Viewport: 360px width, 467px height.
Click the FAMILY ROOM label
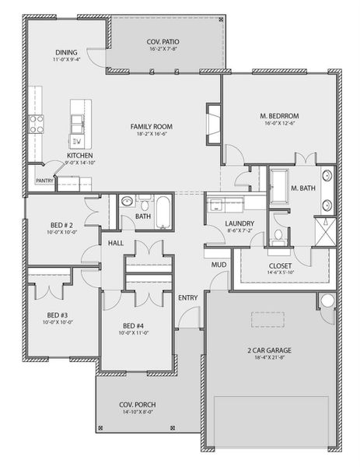pyautogui.click(x=152, y=127)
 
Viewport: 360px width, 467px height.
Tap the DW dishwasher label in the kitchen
pyautogui.click(x=77, y=142)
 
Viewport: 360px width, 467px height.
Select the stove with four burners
pyautogui.click(x=37, y=124)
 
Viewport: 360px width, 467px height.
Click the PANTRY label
pyautogui.click(x=44, y=181)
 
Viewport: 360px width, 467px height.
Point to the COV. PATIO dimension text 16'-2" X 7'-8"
pyautogui.click(x=163, y=49)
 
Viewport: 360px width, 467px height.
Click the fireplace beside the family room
pyautogui.click(x=214, y=125)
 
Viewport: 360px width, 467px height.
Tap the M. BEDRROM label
pyautogui.click(x=279, y=116)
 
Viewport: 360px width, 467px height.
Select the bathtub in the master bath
pyautogui.click(x=279, y=188)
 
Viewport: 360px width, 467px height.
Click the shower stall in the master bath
pyautogui.click(x=326, y=231)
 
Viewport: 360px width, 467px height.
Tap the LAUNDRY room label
pyautogui.click(x=239, y=223)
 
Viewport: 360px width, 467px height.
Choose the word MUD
pyautogui.click(x=218, y=265)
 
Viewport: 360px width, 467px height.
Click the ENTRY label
pyautogui.click(x=188, y=297)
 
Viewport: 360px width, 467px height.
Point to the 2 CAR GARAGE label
pyautogui.click(x=269, y=350)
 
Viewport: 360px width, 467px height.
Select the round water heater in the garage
pyautogui.click(x=327, y=300)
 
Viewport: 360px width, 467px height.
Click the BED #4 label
pyautogui.click(x=133, y=326)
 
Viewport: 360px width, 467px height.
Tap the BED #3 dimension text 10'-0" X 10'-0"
pyautogui.click(x=58, y=322)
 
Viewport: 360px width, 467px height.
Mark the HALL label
pyautogui.click(x=116, y=243)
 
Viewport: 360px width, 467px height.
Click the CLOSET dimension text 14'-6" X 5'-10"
pyautogui.click(x=280, y=272)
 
